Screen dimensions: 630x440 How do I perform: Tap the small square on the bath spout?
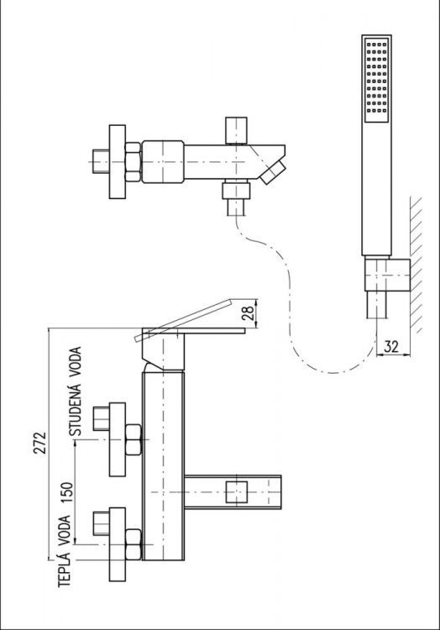(x=239, y=492)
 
